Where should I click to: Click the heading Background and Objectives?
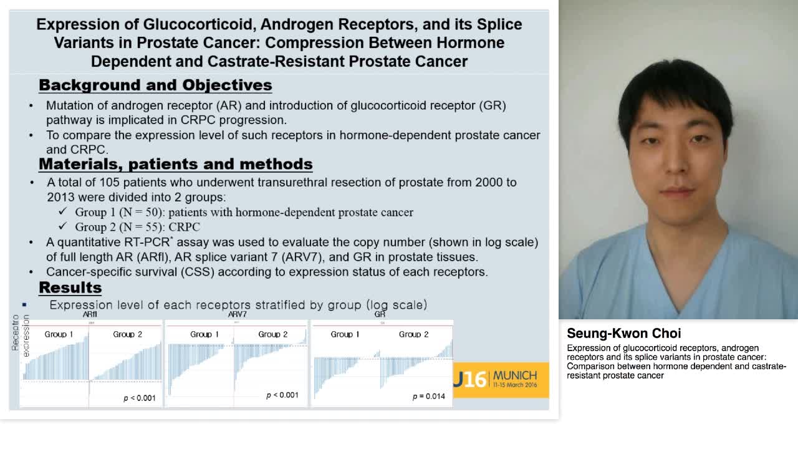[155, 85]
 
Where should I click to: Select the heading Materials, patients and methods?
[175, 164]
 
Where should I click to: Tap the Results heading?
[70, 287]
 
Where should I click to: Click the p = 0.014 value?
[429, 396]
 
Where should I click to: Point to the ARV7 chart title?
[237, 314]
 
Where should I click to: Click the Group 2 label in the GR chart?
[413, 334]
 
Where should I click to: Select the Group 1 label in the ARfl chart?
[59, 334]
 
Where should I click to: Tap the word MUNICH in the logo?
[514, 375]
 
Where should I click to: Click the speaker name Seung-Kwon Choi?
[623, 333]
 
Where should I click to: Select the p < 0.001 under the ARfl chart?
[140, 398]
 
